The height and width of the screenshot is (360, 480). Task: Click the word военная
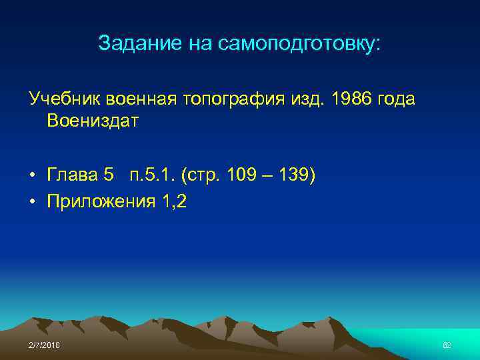point(137,99)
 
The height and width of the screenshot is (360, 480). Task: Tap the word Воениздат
point(93,121)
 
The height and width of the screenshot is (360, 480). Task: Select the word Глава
point(72,175)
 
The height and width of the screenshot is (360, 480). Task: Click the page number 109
point(239,175)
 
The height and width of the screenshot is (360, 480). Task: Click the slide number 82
point(447,345)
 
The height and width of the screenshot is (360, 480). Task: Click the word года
point(396,99)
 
